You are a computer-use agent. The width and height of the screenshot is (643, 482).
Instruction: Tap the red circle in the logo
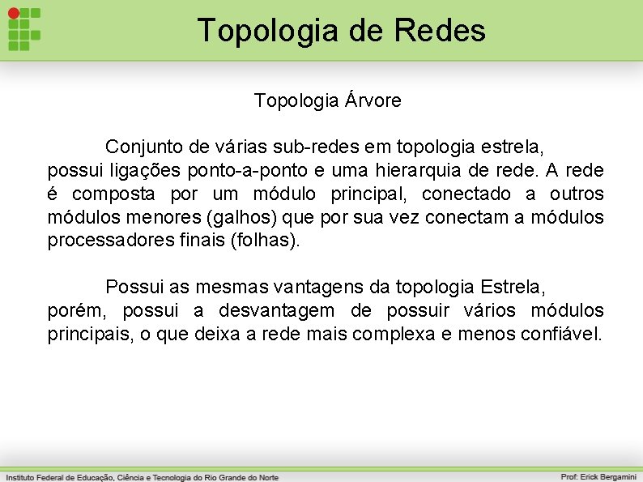(14, 14)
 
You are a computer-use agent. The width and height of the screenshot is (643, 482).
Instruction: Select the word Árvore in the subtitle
(373, 101)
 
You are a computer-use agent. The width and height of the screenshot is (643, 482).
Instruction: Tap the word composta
(117, 194)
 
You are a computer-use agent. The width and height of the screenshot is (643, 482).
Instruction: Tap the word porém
(71, 310)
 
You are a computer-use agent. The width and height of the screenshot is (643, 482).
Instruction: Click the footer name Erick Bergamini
(607, 477)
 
